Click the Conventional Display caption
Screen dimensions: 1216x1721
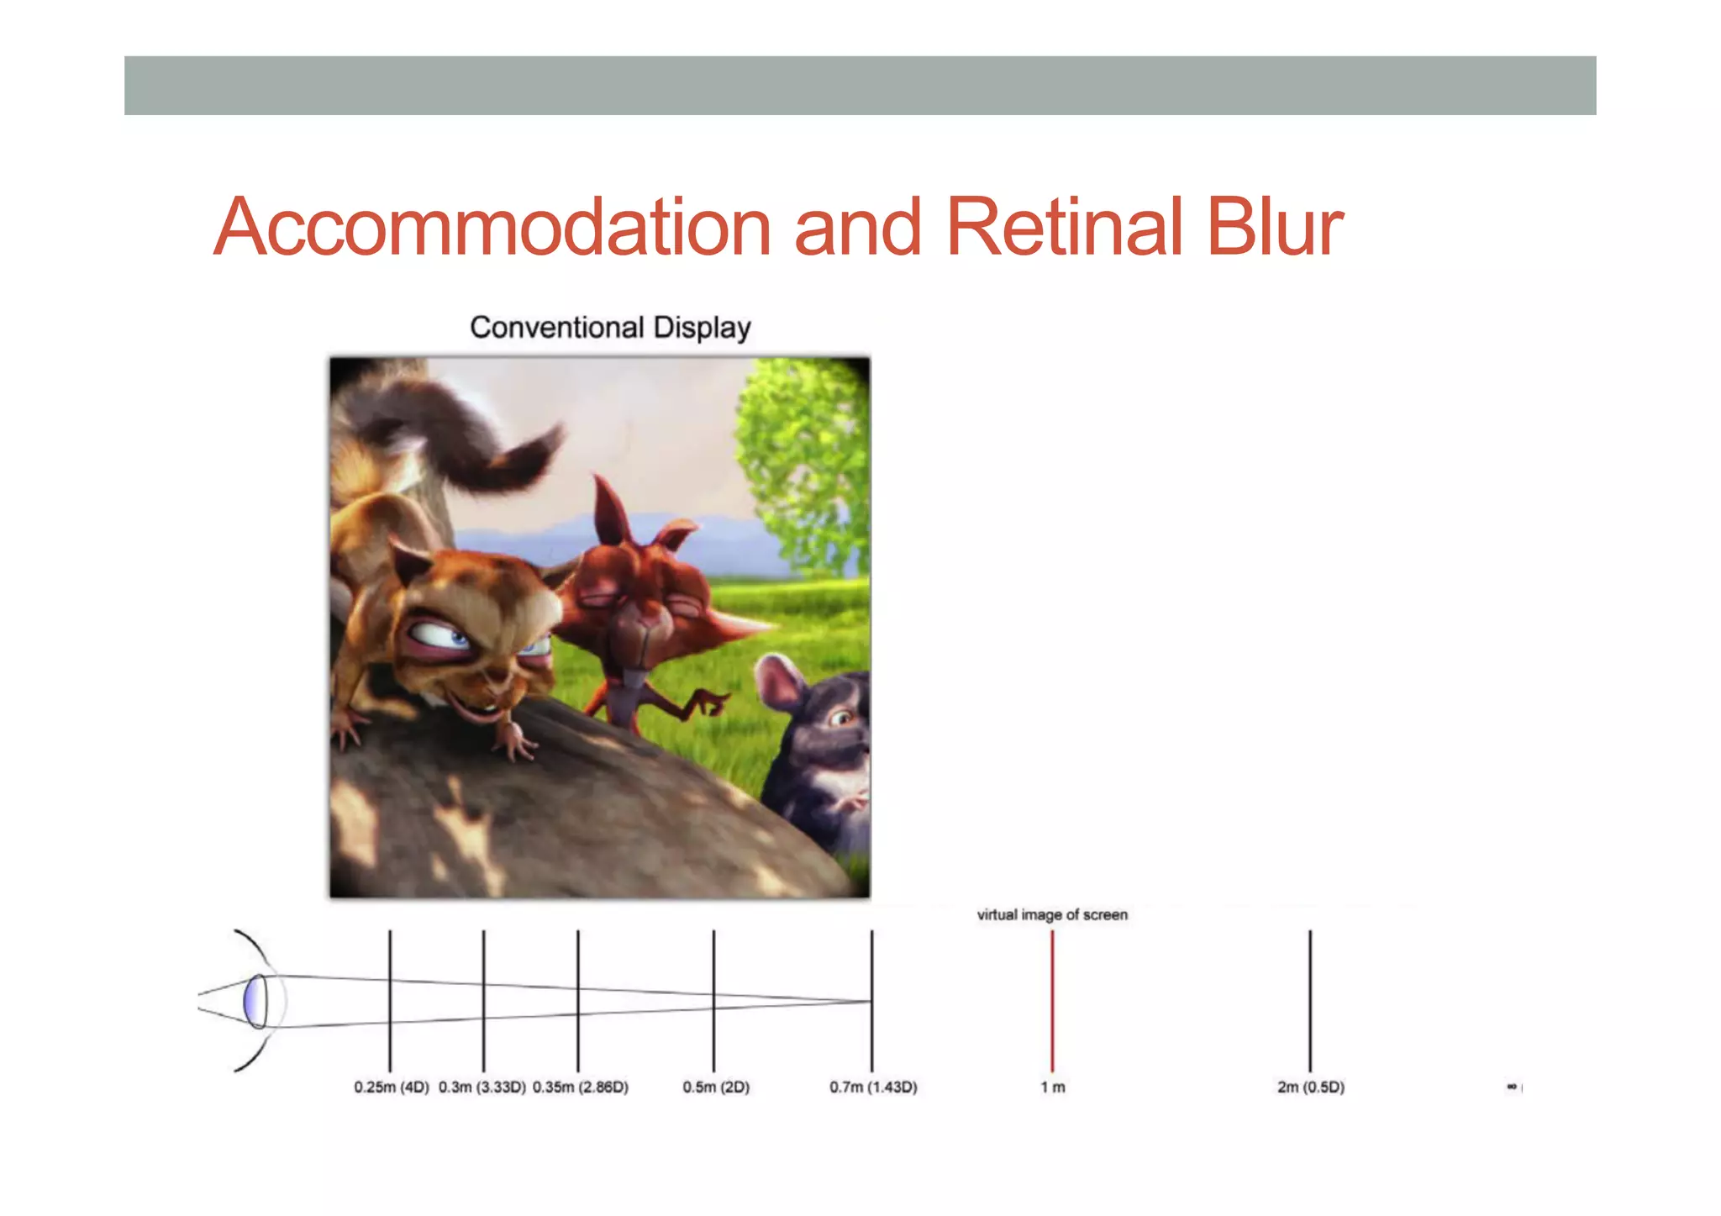(610, 327)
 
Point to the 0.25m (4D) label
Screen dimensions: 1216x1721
(392, 1087)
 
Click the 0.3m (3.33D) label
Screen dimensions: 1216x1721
(482, 1087)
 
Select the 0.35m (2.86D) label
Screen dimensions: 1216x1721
(581, 1087)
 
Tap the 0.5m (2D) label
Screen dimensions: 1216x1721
(716, 1087)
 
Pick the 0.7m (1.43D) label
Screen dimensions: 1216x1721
(873, 1087)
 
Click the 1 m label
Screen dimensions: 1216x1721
(1053, 1087)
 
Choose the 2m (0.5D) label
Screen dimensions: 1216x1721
(1311, 1087)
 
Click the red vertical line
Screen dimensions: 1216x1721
(1052, 1000)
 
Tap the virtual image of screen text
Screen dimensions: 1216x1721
(1052, 914)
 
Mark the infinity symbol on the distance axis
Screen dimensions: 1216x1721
(1511, 1087)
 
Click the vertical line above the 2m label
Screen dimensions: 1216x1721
(1310, 1000)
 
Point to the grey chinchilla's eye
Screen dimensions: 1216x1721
(840, 718)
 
